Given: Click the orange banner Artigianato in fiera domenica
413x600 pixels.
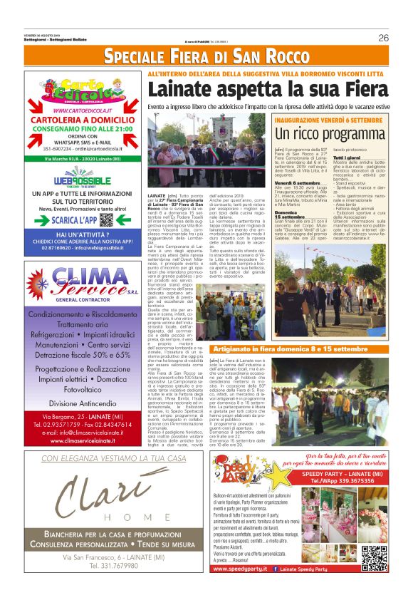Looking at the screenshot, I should tap(289, 349).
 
